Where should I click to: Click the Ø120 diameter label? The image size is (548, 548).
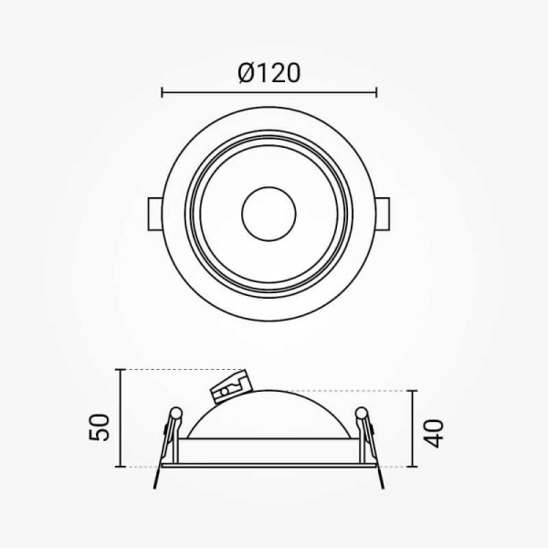pyautogui.click(x=269, y=73)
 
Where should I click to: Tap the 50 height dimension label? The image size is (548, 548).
pyautogui.click(x=99, y=427)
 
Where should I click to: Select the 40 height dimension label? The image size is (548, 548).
pyautogui.click(x=433, y=433)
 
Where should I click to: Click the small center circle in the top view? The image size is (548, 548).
pyautogui.click(x=269, y=214)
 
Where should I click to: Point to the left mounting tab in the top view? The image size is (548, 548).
pyautogui.click(x=155, y=214)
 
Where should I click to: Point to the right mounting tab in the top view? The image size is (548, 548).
pyautogui.click(x=383, y=214)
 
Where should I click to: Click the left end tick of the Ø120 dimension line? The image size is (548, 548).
pyautogui.click(x=162, y=92)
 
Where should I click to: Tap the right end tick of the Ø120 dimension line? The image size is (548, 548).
pyautogui.click(x=376, y=92)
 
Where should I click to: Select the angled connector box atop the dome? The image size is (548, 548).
pyautogui.click(x=231, y=386)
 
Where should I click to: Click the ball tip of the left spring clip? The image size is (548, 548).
pyautogui.click(x=176, y=413)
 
